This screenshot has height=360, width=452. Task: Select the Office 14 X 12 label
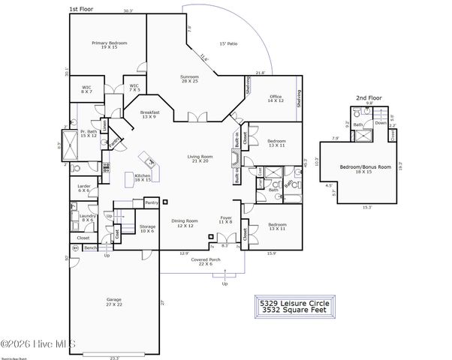pyautogui.click(x=275, y=97)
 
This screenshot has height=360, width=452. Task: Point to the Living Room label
pyautogui.click(x=200, y=158)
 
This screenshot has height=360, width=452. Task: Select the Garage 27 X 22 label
pyautogui.click(x=113, y=301)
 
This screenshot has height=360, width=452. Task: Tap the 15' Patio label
pyautogui.click(x=228, y=44)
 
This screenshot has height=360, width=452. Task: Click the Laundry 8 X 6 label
pyautogui.click(x=86, y=218)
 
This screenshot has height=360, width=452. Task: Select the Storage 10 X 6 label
pyautogui.click(x=146, y=228)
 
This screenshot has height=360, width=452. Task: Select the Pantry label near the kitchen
pyautogui.click(x=151, y=202)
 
